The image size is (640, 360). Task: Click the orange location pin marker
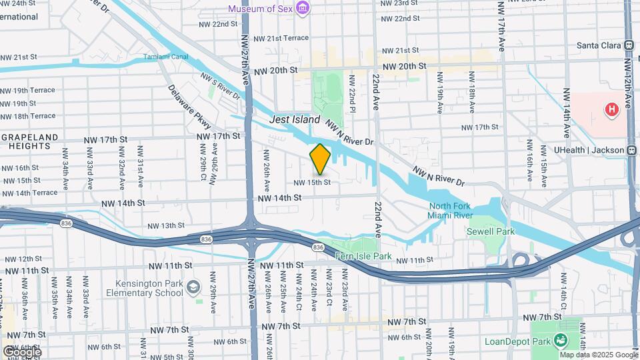[x=320, y=159]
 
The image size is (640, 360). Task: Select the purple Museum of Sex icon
[x=303, y=8]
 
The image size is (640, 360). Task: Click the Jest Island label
[x=295, y=119]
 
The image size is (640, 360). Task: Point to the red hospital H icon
[x=611, y=109]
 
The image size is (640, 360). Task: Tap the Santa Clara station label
[x=599, y=45]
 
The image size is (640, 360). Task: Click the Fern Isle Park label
[x=363, y=256]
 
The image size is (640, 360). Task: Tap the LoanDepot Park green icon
[x=561, y=341]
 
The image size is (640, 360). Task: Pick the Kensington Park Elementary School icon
[x=193, y=287]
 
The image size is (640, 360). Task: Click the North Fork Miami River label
[x=451, y=210]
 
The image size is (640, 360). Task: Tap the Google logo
[x=21, y=351]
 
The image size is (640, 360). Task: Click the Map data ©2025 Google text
[x=597, y=355]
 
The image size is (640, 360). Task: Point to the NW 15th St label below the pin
[x=312, y=182]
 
